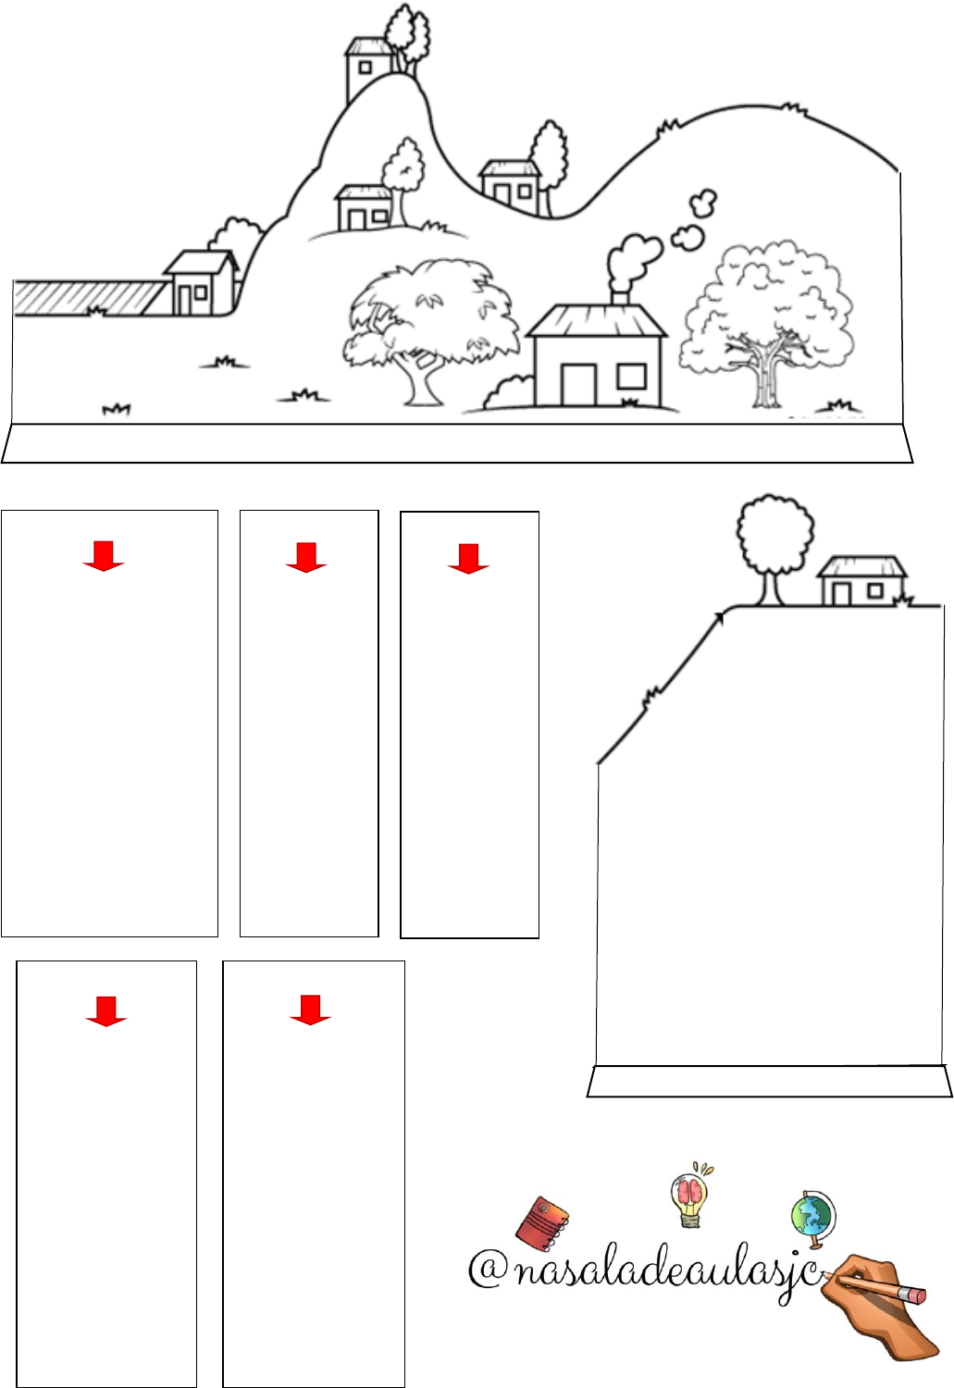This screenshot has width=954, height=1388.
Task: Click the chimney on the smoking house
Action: [620, 297]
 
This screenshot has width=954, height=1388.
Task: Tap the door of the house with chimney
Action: [578, 385]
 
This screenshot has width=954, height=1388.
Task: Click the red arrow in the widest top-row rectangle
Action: [104, 555]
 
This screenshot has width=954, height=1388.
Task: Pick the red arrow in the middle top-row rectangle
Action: [306, 557]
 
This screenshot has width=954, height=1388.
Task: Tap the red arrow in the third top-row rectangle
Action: [468, 559]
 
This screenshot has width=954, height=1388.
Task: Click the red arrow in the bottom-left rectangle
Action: [105, 1011]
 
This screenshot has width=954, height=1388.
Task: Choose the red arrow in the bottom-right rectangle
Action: [310, 1010]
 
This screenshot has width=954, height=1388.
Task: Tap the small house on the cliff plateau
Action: [861, 580]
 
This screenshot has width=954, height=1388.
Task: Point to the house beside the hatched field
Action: [202, 282]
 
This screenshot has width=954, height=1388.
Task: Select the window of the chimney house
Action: [632, 377]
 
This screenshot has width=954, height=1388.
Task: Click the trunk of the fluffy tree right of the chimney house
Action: [766, 378]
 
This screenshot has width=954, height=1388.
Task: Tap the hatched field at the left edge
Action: [87, 298]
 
